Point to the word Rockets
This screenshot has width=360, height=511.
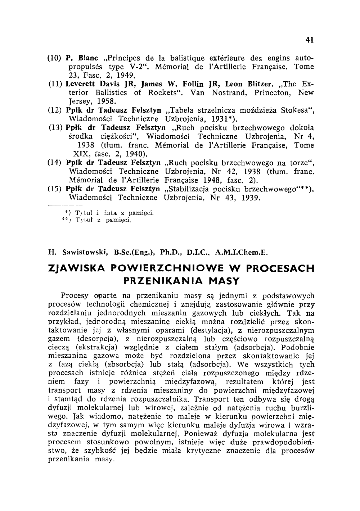[164, 93]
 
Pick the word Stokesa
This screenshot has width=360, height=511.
[293, 110]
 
